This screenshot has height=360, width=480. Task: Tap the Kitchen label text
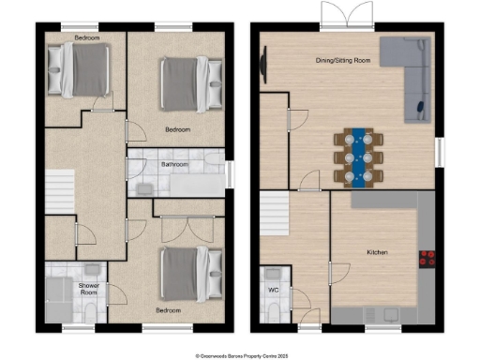click(x=377, y=253)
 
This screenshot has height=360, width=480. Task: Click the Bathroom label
click(x=175, y=164)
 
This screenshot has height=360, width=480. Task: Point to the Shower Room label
click(x=89, y=288)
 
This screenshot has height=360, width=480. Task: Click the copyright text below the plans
click(x=240, y=355)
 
